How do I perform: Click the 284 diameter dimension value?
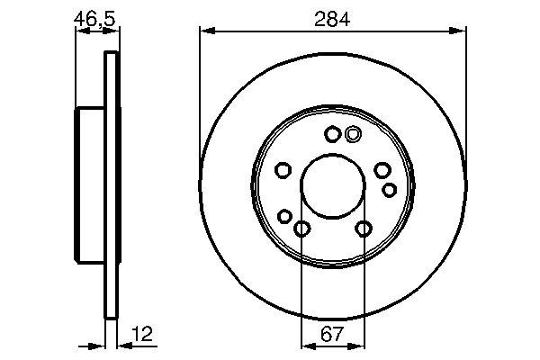pyautogui.click(x=332, y=18)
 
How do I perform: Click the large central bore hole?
pyautogui.click(x=332, y=184)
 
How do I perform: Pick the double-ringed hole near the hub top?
pyautogui.click(x=353, y=134)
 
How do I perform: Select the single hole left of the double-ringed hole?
pyautogui.click(x=332, y=135)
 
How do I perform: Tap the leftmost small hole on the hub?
pyautogui.click(x=283, y=170)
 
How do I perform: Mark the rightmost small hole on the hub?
pyautogui.click(x=389, y=189)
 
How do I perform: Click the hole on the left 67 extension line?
pyautogui.click(x=301, y=229)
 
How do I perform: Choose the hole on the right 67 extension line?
pyautogui.click(x=364, y=229)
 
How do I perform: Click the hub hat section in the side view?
pyautogui.click(x=90, y=184)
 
